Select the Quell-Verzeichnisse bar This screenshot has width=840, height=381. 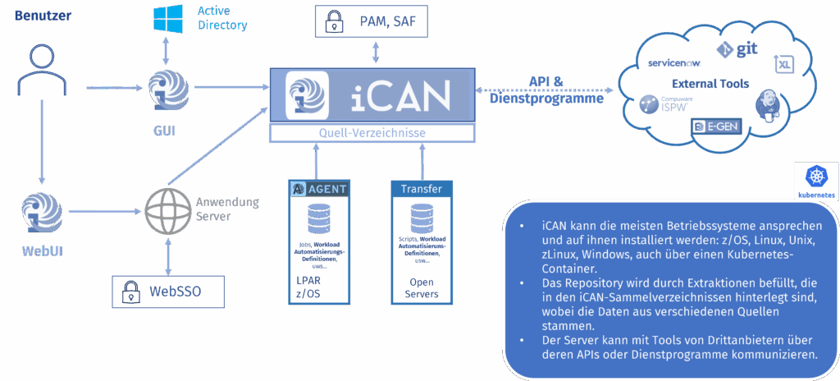tap(372, 133)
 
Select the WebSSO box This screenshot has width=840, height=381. tap(167, 290)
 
